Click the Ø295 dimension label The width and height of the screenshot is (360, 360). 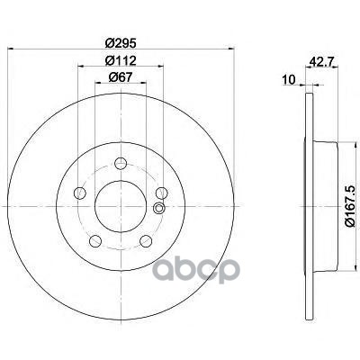(x=121, y=43)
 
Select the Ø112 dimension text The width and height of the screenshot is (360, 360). (x=121, y=61)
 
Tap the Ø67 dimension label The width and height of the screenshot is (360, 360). (x=121, y=77)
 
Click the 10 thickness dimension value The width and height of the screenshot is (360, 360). (x=289, y=80)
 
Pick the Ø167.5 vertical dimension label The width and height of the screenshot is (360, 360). (x=350, y=206)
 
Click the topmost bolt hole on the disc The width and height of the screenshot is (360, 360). (x=121, y=164)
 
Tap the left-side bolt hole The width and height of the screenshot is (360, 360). (x=80, y=193)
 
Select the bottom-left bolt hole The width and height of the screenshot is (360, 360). (x=95, y=241)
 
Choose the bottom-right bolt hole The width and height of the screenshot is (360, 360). (x=146, y=241)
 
